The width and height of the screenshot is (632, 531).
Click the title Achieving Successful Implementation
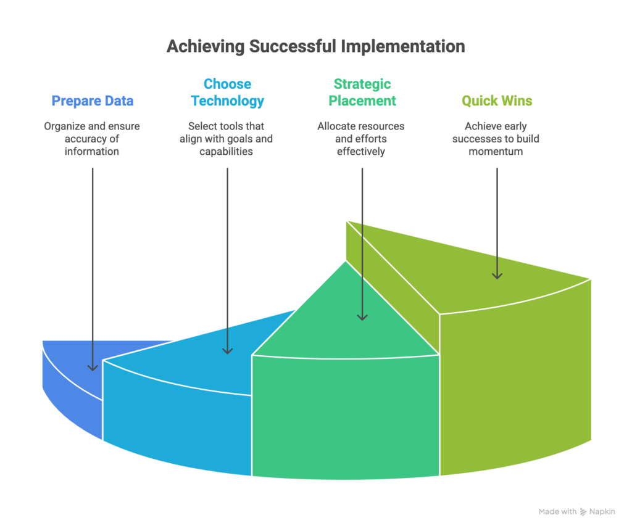click(315, 47)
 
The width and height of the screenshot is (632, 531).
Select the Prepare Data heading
click(93, 101)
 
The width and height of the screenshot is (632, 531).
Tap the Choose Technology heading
click(227, 93)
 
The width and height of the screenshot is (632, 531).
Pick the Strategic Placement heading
click(362, 93)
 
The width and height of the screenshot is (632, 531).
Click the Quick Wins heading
click(497, 101)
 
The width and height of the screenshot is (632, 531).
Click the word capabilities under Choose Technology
click(226, 151)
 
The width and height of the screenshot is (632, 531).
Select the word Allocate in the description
click(338, 126)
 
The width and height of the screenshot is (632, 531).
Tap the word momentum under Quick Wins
click(496, 151)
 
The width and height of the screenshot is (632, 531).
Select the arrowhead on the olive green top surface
click(497, 274)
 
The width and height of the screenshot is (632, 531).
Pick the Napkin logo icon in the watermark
click(583, 512)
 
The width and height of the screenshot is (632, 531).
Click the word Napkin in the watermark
click(602, 512)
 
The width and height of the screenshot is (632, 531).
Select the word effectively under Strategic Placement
click(362, 151)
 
